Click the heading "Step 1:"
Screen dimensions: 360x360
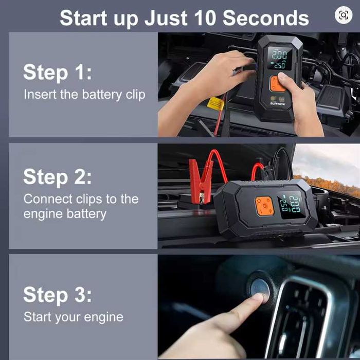tap(58, 72)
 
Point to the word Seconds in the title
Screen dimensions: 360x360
tap(266, 18)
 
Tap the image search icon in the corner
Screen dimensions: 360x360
tap(344, 15)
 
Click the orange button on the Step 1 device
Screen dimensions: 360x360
tap(277, 84)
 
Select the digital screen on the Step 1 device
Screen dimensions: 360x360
tap(280, 59)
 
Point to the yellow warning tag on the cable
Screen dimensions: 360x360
tap(215, 104)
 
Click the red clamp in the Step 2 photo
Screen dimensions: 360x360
tap(201, 182)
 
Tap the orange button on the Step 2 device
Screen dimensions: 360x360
tap(265, 206)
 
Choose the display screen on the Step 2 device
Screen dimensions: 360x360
tap(291, 204)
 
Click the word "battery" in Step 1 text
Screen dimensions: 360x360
tap(102, 95)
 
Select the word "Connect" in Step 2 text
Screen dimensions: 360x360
tap(48, 199)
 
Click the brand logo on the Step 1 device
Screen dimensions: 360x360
tap(278, 104)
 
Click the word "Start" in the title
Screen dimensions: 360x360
tap(83, 18)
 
